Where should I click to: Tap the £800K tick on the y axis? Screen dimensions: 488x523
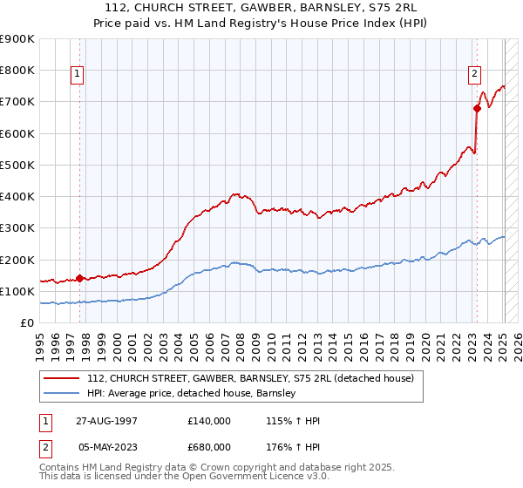[17, 70]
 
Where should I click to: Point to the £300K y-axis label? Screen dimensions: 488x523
[17, 228]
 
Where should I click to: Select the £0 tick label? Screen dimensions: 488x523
[26, 323]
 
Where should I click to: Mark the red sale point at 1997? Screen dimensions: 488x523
[79, 279]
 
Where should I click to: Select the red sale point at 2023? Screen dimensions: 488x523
[477, 108]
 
